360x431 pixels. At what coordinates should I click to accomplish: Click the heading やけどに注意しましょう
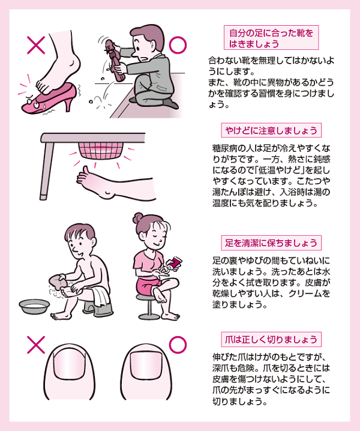click(271, 130)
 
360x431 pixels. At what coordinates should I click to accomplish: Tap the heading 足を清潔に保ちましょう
click(271, 243)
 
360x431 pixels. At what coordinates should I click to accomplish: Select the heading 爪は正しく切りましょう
click(271, 340)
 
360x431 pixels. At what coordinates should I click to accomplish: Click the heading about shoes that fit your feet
click(271, 38)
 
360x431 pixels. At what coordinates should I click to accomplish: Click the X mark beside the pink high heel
click(36, 45)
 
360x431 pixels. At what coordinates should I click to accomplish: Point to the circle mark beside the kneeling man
click(178, 45)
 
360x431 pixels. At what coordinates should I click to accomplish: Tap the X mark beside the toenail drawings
click(36, 345)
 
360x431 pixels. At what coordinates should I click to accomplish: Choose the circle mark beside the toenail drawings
click(178, 345)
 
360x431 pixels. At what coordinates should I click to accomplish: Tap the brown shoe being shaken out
click(113, 60)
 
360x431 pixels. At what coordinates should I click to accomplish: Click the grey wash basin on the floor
click(34, 306)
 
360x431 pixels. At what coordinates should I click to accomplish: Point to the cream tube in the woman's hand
click(175, 263)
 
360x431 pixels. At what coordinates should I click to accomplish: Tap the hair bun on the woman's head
click(138, 218)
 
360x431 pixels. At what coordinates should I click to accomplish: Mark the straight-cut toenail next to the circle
click(146, 364)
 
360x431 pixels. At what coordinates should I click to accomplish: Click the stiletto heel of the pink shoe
click(67, 104)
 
